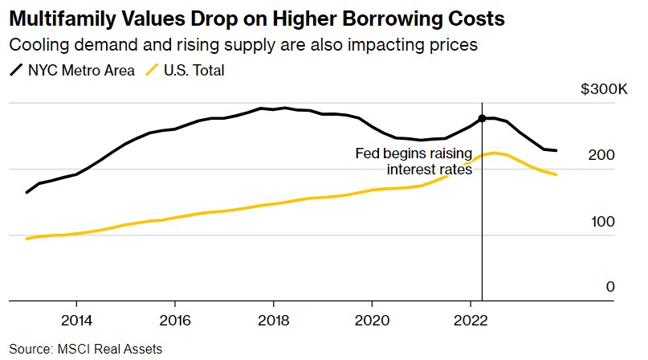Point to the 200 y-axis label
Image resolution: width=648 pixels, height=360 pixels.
pos(604,154)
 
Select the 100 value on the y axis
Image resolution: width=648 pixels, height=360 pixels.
pos(604,221)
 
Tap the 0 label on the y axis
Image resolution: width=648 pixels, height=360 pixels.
pos(610,287)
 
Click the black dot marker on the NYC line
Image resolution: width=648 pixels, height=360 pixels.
pos(482,119)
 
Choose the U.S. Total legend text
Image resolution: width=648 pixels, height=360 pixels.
pos(193,71)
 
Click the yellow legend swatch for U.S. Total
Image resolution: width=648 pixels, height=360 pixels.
pos(150,71)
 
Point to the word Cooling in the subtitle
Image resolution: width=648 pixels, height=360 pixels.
pos(36,45)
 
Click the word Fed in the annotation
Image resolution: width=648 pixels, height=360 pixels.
pos(367,153)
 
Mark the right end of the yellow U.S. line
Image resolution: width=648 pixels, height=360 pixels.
pos(556,174)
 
